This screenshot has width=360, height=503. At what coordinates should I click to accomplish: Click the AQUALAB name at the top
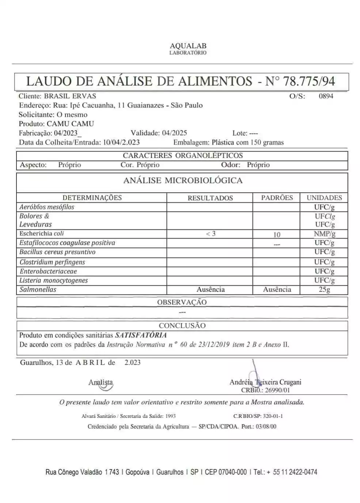click(188, 46)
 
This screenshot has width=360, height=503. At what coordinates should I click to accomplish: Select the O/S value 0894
click(326, 96)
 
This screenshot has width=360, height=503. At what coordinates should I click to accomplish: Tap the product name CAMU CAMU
click(70, 124)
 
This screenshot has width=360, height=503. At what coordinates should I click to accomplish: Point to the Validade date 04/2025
click(174, 133)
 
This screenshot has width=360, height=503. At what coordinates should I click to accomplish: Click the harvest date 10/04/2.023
click(121, 142)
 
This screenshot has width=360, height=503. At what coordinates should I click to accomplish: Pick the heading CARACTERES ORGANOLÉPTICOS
click(183, 156)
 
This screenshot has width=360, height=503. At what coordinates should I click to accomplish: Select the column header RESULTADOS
click(210, 198)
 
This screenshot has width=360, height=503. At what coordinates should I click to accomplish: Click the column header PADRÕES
click(277, 198)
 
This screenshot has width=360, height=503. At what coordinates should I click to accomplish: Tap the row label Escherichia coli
click(42, 233)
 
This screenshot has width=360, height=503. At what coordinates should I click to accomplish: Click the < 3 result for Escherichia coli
click(211, 234)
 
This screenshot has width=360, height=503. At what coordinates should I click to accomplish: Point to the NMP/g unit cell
click(324, 234)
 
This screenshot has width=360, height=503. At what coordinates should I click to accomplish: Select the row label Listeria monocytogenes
click(54, 281)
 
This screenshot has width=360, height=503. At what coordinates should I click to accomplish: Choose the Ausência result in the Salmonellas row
click(211, 290)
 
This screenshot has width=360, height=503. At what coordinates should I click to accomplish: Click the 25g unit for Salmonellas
click(324, 290)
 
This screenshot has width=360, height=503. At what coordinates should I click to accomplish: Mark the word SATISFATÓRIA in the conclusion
click(141, 335)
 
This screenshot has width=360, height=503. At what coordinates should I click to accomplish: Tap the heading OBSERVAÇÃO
click(182, 302)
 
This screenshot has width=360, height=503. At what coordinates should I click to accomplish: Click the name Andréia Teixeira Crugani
click(265, 382)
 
